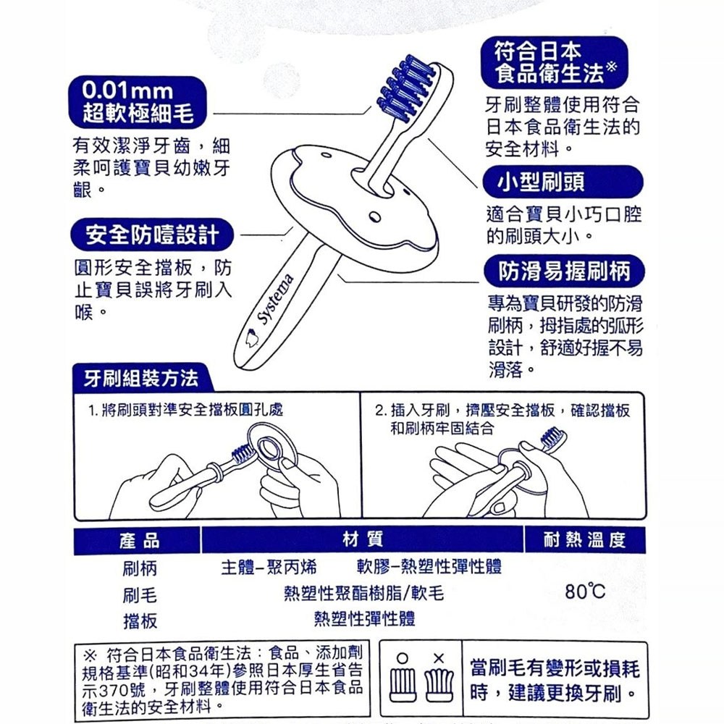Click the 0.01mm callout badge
click(138, 102)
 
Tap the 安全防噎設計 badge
click(152, 235)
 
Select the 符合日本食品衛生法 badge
click(555, 62)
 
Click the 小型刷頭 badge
click(563, 182)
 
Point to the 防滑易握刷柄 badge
click(564, 271)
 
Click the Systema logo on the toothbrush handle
click(275, 299)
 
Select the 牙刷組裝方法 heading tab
click(142, 378)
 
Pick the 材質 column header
click(363, 539)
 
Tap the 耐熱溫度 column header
click(584, 539)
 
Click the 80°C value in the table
click(584, 591)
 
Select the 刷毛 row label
click(140, 595)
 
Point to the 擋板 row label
click(140, 621)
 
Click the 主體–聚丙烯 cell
click(269, 567)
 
